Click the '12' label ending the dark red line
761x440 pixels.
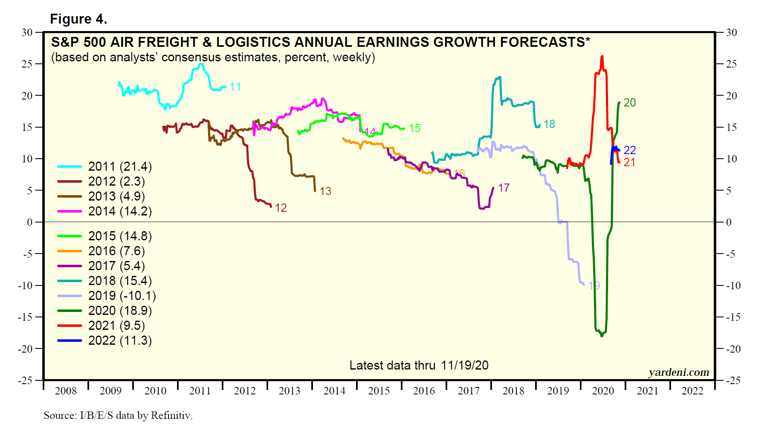[x=281, y=208]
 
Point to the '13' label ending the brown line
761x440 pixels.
[x=325, y=191]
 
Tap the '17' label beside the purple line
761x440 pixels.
[x=504, y=188]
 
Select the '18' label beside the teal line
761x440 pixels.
[x=549, y=124]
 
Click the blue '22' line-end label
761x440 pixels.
[x=630, y=150]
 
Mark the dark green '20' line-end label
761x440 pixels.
[x=630, y=103]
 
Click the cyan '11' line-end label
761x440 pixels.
[x=235, y=87]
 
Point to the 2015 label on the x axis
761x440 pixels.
[x=379, y=391]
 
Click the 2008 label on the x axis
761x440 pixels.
[x=65, y=391]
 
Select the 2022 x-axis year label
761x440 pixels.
[x=692, y=391]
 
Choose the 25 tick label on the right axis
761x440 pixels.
[x=732, y=64]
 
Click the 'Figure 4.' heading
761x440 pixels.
[x=78, y=19]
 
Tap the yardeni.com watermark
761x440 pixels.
[x=679, y=372]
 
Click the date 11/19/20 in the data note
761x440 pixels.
[x=465, y=365]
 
